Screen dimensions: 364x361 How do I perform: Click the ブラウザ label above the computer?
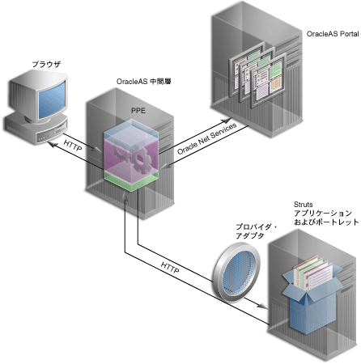(x=38, y=63)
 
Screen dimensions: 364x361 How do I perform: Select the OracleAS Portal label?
(x=331, y=36)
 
